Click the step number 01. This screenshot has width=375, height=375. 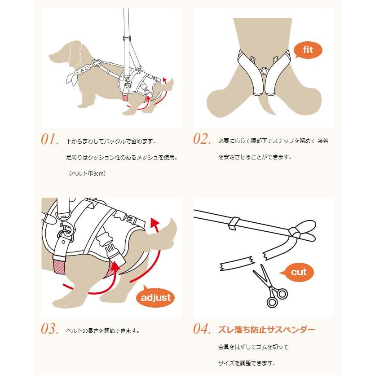click(50, 140)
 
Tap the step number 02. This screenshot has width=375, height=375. click(202, 140)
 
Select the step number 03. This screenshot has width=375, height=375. click(50, 330)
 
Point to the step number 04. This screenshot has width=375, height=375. click(202, 330)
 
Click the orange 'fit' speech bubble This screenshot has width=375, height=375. click(308, 50)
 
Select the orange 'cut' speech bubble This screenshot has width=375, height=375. click(299, 272)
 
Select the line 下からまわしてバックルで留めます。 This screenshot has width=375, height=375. click(110, 141)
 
